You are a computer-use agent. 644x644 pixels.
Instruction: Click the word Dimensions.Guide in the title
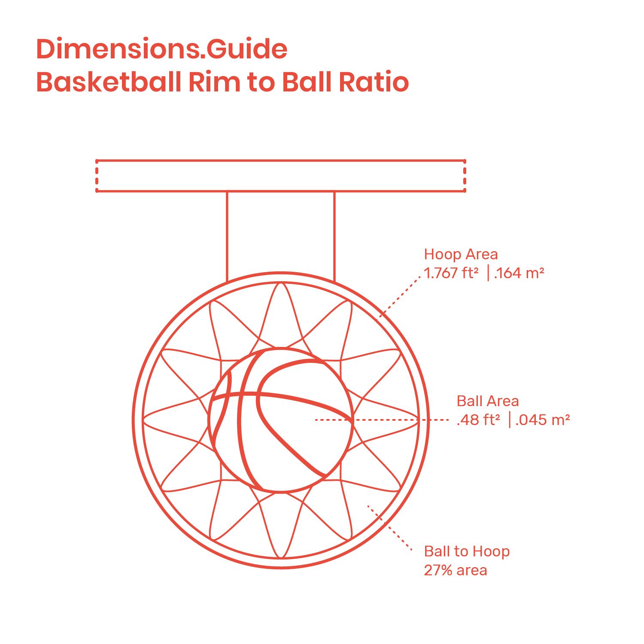click(162, 49)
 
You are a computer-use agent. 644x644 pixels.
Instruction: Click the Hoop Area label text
click(461, 254)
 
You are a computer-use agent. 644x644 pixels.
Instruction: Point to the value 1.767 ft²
click(451, 273)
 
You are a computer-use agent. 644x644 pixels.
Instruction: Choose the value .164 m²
click(519, 273)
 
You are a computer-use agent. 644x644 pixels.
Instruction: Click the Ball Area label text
click(488, 401)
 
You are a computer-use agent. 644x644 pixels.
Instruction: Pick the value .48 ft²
click(478, 419)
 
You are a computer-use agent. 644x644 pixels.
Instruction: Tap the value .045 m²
click(543, 419)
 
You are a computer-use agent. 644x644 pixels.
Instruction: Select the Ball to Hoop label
click(467, 551)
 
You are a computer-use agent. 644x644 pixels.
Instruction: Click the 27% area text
click(456, 570)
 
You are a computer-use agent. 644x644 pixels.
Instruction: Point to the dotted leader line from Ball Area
click(382, 420)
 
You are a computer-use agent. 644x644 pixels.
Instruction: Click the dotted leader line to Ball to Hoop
click(390, 528)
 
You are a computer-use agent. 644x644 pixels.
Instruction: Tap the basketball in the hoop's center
click(281, 420)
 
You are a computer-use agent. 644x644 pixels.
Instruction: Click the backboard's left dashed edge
click(97, 176)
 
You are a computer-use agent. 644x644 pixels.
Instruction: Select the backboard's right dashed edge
click(465, 176)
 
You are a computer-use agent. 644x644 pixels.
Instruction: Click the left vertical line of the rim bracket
click(227, 237)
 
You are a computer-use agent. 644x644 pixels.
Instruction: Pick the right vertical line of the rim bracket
click(334, 237)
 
